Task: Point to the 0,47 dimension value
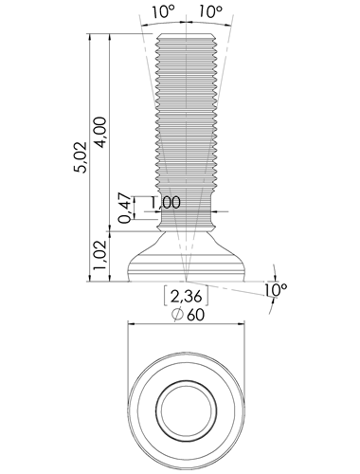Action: click(125, 208)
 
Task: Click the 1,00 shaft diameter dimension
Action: click(165, 203)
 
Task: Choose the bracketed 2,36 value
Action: click(186, 297)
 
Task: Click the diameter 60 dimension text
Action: click(189, 315)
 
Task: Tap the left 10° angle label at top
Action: click(164, 11)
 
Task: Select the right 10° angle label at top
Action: click(210, 11)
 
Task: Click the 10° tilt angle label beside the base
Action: click(276, 289)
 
